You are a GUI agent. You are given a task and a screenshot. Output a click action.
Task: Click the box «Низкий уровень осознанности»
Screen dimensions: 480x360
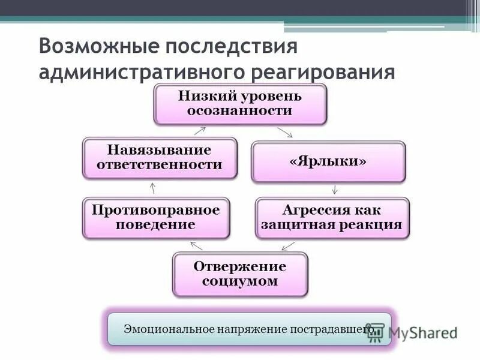[240, 104]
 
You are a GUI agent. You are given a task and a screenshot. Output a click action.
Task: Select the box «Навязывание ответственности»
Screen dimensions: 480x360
[160, 157]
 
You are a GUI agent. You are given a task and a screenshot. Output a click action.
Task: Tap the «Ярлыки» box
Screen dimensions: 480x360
[328, 162]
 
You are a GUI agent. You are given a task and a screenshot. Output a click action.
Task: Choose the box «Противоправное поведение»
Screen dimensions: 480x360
[156, 218]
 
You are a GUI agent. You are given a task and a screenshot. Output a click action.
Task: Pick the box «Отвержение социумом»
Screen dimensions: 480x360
[240, 274]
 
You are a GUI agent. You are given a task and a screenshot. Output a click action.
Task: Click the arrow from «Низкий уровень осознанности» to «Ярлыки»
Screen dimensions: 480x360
[284, 132]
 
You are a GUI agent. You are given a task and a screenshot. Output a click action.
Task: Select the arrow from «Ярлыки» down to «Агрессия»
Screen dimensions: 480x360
[335, 190]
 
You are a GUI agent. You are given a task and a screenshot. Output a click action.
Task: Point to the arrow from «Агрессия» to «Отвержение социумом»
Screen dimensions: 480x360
[289, 245]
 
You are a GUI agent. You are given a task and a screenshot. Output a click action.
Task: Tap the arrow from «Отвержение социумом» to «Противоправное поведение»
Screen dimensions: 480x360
[196, 245]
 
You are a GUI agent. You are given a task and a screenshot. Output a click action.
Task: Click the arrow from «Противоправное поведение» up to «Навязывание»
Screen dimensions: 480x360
[154, 188]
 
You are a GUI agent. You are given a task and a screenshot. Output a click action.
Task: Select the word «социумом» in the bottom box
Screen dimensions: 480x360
[240, 281]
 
